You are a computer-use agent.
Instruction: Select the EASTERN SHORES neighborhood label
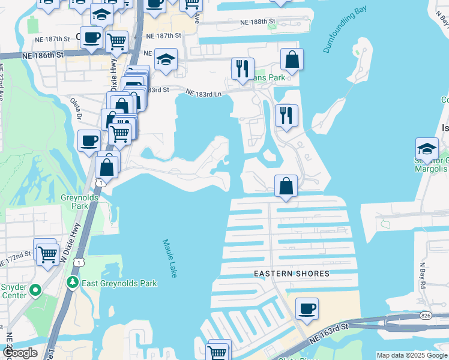coord(291,274)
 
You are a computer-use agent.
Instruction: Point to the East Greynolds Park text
coord(119,283)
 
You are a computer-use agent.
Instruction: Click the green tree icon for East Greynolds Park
coord(72,281)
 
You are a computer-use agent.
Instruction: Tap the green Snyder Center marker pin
coord(35,291)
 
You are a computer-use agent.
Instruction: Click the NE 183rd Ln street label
coord(203,94)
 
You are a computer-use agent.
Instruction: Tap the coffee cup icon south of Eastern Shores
coord(307,308)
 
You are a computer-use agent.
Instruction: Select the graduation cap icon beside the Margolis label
coord(427,148)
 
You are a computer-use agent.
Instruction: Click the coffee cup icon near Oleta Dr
coord(89,141)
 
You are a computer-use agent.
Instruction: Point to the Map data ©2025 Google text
coord(411,355)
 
